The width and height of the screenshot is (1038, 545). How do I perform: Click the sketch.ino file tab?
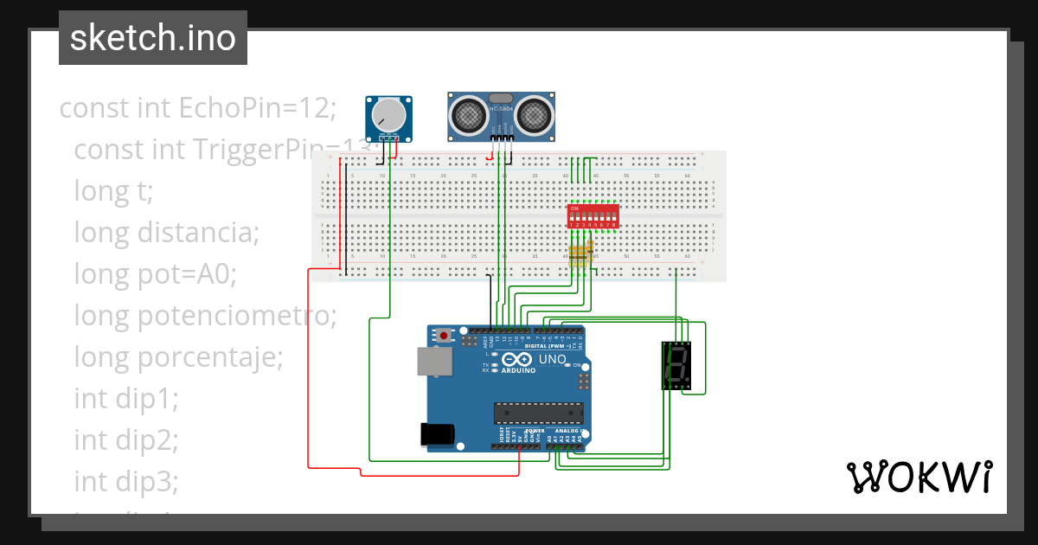pos(152,38)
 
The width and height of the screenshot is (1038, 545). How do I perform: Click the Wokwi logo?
pos(919,477)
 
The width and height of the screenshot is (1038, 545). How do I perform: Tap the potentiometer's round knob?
pos(388,115)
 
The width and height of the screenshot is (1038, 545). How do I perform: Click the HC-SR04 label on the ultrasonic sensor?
pos(501,109)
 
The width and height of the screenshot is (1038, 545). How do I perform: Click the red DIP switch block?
pos(593,216)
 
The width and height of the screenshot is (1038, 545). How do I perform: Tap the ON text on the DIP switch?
pos(574,208)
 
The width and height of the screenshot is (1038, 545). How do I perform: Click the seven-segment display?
pos(676,365)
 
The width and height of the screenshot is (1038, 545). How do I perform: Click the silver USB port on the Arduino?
pos(434,362)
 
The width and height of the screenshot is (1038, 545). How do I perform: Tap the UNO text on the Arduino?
pos(552,359)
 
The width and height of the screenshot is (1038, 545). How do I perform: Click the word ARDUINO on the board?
pos(517,370)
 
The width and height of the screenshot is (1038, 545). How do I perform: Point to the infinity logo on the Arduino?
pos(517,359)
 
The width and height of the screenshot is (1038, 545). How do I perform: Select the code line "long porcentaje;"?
pos(178,356)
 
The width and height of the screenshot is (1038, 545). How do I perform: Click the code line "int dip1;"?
pos(126,398)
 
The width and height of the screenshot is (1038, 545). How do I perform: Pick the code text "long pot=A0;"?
pos(155,274)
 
